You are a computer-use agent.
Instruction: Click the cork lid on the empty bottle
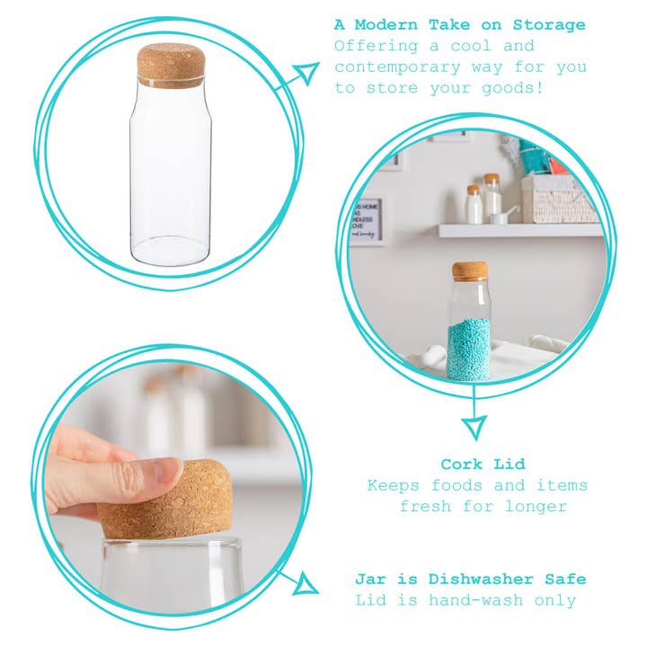coord(171,64)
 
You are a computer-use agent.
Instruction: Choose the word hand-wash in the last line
coord(474,600)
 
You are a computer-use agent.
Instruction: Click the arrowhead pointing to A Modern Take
coord(307,72)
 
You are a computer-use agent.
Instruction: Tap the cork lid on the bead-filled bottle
coord(469,270)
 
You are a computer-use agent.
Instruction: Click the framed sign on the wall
coord(368,221)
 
